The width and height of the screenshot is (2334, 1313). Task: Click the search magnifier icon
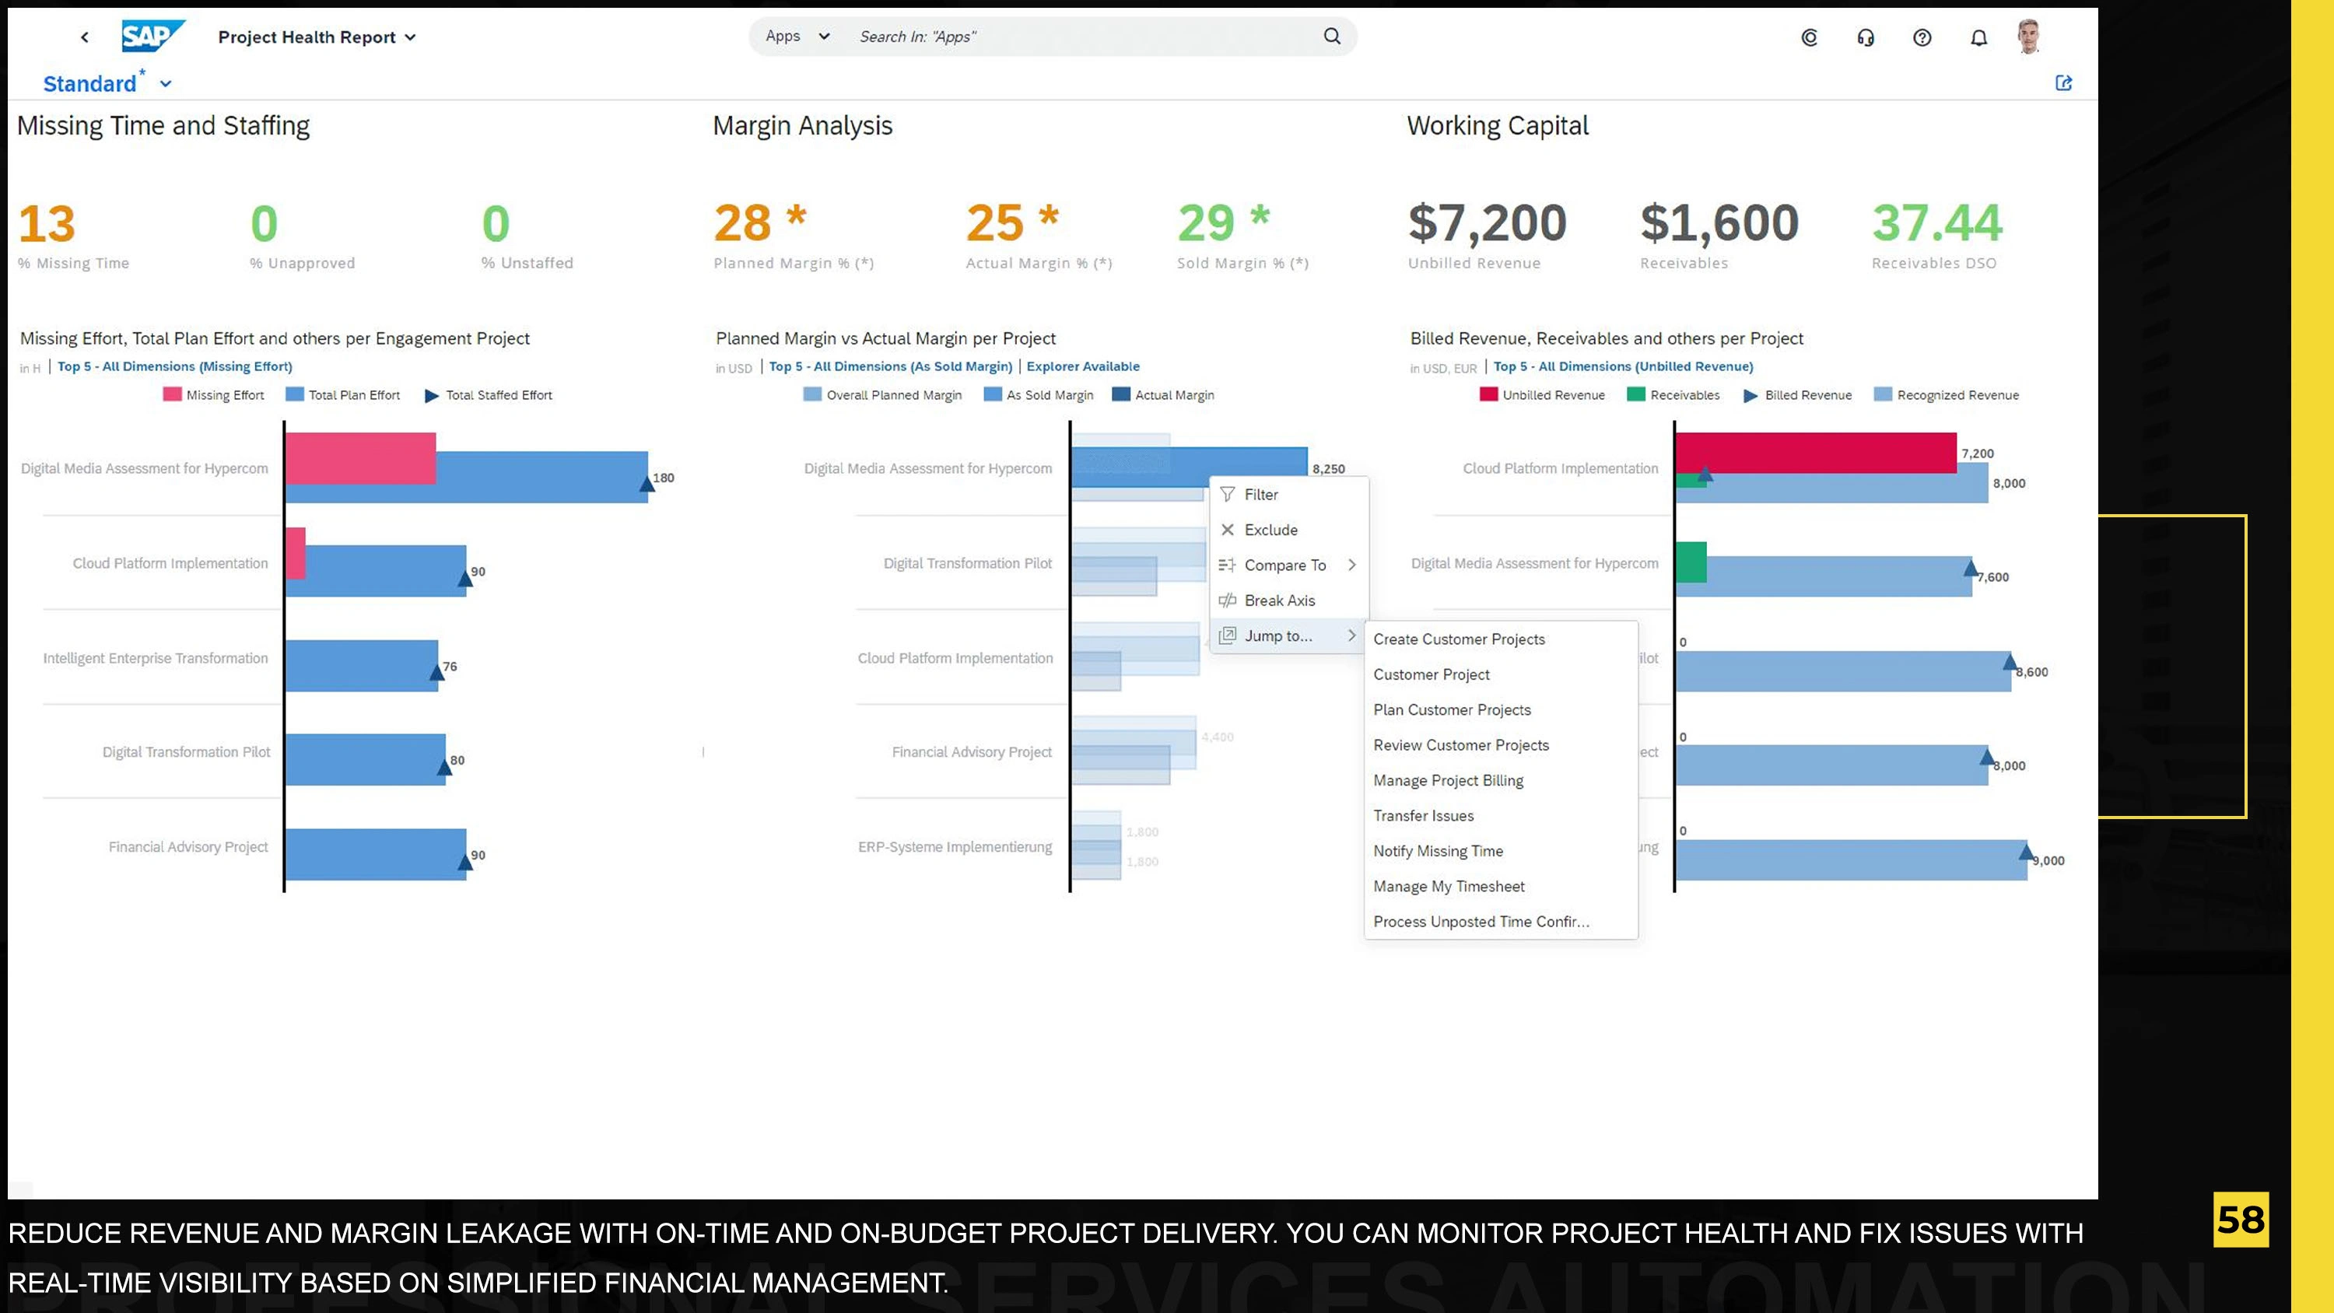pos(1331,37)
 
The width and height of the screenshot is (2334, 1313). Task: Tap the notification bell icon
pos(1978,37)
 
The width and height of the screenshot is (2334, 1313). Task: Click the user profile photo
pos(2029,37)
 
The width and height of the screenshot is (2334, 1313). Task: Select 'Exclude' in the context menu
pos(1270,530)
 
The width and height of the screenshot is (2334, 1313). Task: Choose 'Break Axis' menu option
pos(1278,600)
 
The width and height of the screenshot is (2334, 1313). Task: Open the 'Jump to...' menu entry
pos(1277,636)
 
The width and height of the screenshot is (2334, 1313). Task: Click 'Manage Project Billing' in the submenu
pos(1448,780)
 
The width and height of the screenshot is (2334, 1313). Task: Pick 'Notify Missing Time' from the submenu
pos(1438,851)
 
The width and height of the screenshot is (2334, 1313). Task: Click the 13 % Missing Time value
pos(47,224)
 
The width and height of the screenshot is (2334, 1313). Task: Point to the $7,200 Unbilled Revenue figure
pos(1487,224)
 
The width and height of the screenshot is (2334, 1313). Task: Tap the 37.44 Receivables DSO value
pos(1936,224)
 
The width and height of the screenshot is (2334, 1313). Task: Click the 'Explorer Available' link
pos(1083,367)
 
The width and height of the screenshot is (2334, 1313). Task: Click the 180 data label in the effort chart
pos(663,478)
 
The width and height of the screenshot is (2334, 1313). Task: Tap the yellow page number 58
pos(2240,1220)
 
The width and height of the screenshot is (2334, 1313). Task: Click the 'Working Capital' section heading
pos(1497,126)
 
